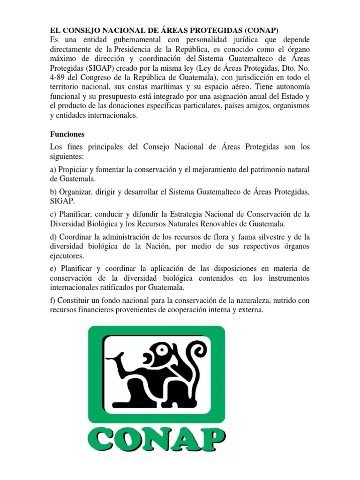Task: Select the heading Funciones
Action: (67, 134)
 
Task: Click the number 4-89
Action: (59, 78)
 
